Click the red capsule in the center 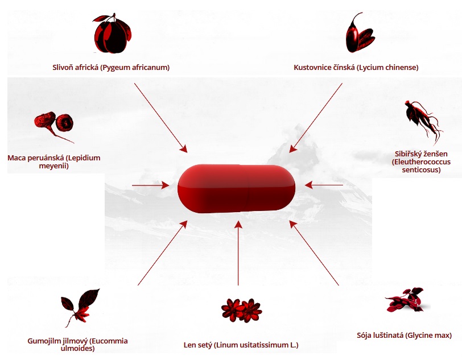pos(237,188)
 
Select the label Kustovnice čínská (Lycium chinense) pos(356,68)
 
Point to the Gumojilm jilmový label pos(77,345)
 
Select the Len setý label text pos(241,345)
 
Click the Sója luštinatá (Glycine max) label pos(404,336)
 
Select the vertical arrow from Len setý pos(238,253)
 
